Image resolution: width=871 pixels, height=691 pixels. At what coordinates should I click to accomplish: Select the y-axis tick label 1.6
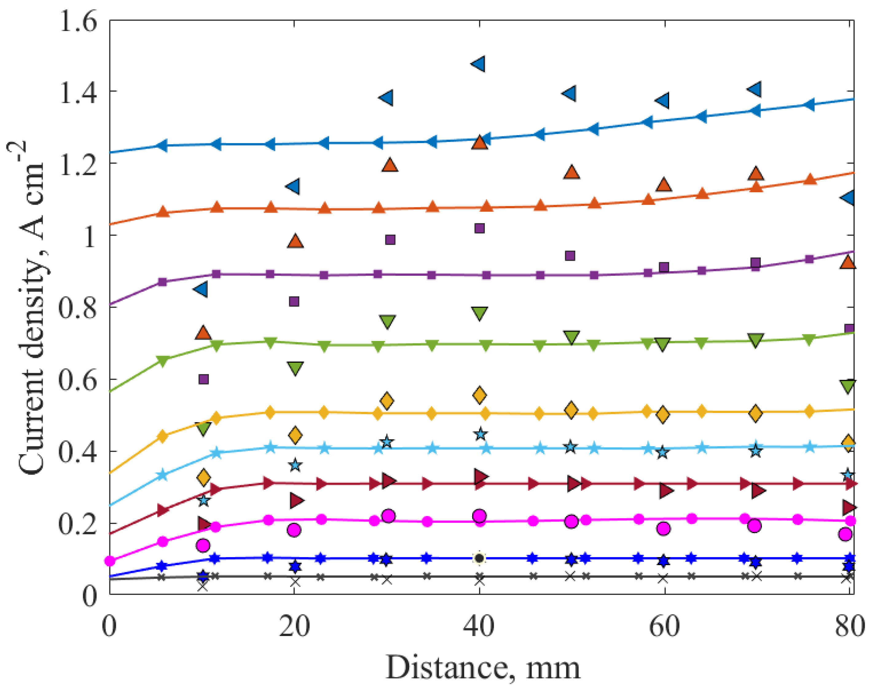[78, 21]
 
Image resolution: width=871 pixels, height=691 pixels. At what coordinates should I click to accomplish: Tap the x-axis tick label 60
[664, 627]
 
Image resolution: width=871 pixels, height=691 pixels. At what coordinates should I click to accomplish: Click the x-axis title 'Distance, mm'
[483, 668]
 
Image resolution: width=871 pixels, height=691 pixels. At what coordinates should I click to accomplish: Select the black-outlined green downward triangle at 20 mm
[295, 368]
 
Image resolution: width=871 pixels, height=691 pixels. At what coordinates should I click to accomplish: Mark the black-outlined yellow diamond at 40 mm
[480, 395]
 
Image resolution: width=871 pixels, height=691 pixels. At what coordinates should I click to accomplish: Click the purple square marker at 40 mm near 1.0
[480, 228]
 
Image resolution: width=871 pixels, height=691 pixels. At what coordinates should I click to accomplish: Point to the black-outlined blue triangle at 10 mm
[201, 289]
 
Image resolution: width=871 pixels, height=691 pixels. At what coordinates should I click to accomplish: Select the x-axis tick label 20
[295, 627]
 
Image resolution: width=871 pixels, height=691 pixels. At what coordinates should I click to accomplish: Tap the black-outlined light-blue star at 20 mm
[295, 465]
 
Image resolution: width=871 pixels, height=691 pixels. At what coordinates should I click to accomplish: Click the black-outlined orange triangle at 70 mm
[755, 174]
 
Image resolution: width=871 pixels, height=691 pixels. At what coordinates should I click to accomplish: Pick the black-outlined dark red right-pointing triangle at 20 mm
[296, 501]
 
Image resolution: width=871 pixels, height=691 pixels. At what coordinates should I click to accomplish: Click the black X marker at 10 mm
[203, 586]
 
